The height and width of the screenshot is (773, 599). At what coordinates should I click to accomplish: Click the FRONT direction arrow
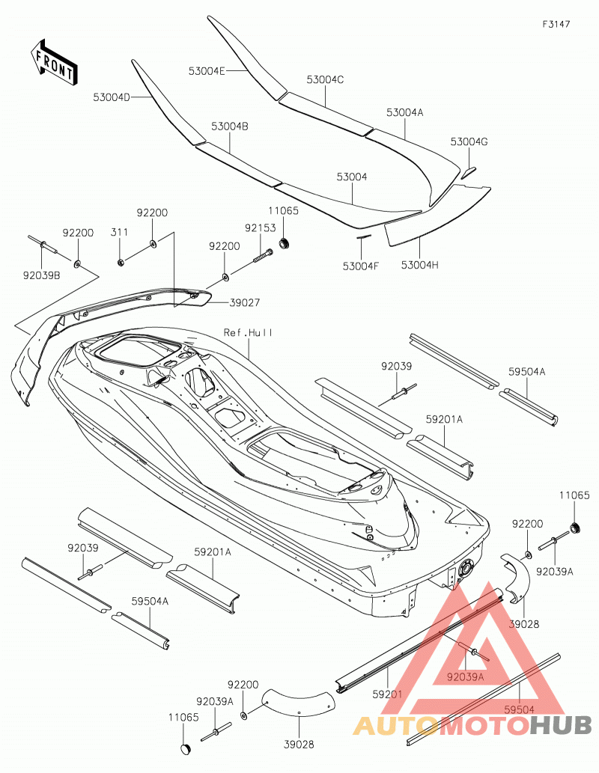[x=53, y=62]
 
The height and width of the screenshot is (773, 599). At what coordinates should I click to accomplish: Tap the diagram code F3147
[x=556, y=24]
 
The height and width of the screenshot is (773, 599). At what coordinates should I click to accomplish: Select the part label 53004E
[x=206, y=71]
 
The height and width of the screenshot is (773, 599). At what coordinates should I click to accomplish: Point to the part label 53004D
[x=112, y=97]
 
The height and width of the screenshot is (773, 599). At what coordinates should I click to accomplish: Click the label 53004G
[x=469, y=142]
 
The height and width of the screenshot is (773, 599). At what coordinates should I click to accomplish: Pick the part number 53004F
[x=361, y=266]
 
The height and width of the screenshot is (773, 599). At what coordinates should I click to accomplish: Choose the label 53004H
[x=419, y=265]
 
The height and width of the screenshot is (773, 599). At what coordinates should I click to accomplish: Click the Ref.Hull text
[x=248, y=333]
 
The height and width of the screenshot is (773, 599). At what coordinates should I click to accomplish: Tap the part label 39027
[x=245, y=303]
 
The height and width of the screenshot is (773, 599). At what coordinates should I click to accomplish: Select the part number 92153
[x=261, y=229]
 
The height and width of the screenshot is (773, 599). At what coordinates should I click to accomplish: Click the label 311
[x=119, y=232]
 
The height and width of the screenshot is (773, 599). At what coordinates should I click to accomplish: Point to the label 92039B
[x=41, y=275]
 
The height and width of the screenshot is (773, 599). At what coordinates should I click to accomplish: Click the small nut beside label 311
[x=121, y=262]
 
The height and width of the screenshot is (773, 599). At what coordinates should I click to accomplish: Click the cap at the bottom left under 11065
[x=186, y=749]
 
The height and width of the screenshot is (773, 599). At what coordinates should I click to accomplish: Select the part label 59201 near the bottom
[x=387, y=694]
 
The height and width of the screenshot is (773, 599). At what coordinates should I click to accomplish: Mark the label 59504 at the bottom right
[x=519, y=709]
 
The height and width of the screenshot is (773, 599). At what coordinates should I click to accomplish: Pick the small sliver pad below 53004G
[x=468, y=172]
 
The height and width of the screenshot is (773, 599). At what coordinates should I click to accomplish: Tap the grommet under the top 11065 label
[x=285, y=243]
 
